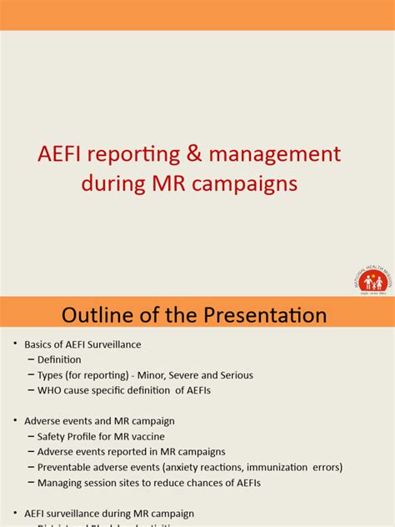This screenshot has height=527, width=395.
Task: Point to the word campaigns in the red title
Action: pyautogui.click(x=247, y=183)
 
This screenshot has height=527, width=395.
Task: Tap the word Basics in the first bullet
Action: pyautogui.click(x=38, y=344)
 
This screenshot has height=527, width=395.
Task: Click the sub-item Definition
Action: pyautogui.click(x=59, y=359)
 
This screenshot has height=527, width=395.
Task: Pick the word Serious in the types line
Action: pyautogui.click(x=236, y=375)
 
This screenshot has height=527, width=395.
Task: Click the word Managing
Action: pyautogui.click(x=60, y=482)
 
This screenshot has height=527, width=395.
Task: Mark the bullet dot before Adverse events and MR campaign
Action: pyautogui.click(x=14, y=421)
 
